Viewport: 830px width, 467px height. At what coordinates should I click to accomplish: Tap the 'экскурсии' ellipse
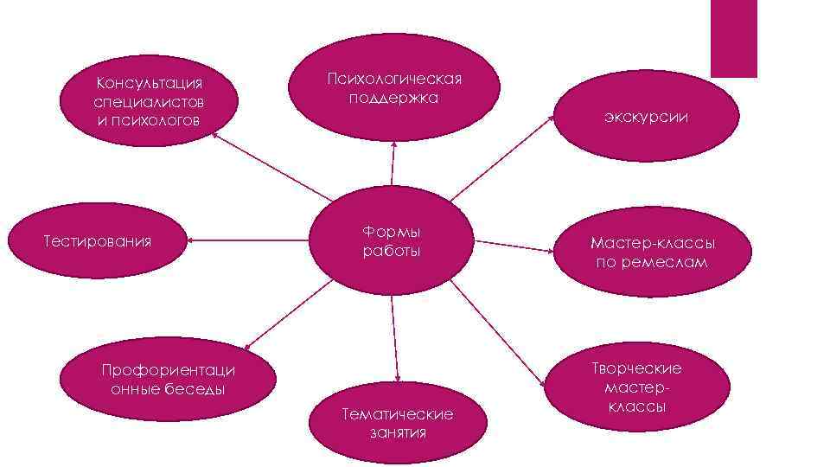point(647,116)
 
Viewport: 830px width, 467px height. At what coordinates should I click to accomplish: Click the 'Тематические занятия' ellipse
point(397,423)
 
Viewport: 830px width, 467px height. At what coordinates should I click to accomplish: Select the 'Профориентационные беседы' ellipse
point(168,381)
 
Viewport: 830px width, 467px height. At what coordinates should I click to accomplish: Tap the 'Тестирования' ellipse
point(98,240)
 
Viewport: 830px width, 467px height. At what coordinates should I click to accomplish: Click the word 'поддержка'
point(393,98)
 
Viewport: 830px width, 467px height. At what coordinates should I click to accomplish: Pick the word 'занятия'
point(398,432)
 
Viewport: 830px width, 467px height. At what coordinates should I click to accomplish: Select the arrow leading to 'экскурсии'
point(501,158)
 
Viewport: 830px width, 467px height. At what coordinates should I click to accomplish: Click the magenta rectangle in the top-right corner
point(733,38)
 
